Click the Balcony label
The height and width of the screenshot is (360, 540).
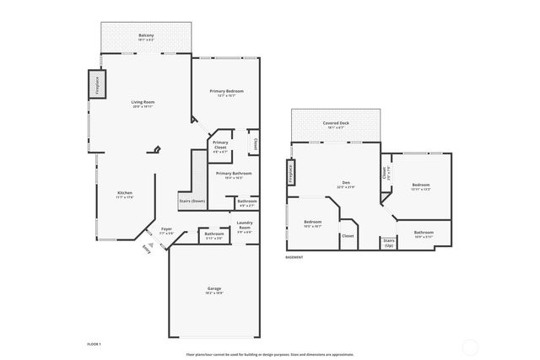[145, 35]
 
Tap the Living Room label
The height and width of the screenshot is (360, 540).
[143, 103]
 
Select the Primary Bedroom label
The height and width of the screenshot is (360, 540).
[225, 90]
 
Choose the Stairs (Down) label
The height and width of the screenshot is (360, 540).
[192, 201]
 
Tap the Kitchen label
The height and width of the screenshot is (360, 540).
[125, 193]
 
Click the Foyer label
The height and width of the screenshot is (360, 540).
[166, 228]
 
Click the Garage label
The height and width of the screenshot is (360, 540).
[214, 289]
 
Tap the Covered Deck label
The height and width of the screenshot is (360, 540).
[335, 124]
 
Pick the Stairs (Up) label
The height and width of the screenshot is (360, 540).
[389, 242]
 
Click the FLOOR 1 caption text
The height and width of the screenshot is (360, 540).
[94, 344]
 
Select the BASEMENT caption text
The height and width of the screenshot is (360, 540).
[294, 257]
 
